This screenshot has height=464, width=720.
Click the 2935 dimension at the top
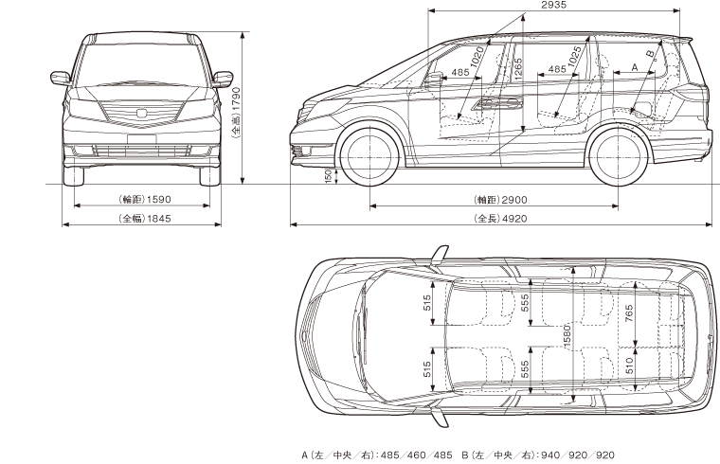[x=553, y=6]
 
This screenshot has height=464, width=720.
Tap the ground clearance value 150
[x=328, y=176]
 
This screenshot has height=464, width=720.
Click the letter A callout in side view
[x=634, y=69]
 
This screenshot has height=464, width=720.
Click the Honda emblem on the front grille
[x=141, y=114]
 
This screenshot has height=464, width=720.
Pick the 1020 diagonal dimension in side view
[x=477, y=58]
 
